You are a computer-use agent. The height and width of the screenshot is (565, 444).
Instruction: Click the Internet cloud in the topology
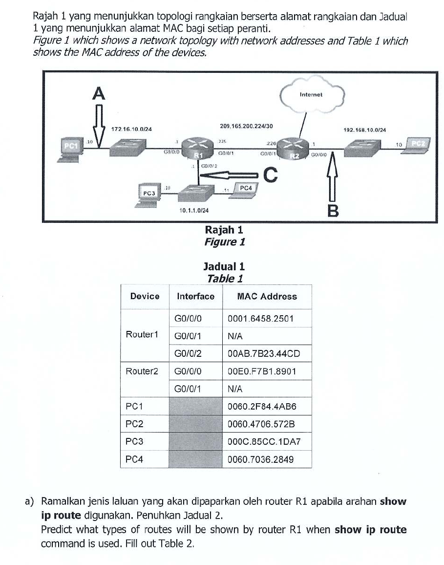(x=312, y=96)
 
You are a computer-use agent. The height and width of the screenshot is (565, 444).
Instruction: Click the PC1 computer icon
(x=71, y=149)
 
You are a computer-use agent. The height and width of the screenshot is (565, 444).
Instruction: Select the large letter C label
(x=270, y=174)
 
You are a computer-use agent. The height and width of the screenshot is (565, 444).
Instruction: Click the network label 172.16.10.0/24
(x=132, y=129)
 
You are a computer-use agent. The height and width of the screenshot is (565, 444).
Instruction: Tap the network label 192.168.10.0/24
(x=365, y=130)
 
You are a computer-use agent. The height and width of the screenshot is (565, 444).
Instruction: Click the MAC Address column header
(x=267, y=296)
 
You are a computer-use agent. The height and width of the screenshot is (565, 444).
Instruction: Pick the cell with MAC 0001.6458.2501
(x=260, y=319)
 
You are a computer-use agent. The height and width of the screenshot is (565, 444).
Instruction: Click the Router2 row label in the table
(x=142, y=371)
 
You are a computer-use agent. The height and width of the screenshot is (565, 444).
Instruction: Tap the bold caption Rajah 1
(x=224, y=230)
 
